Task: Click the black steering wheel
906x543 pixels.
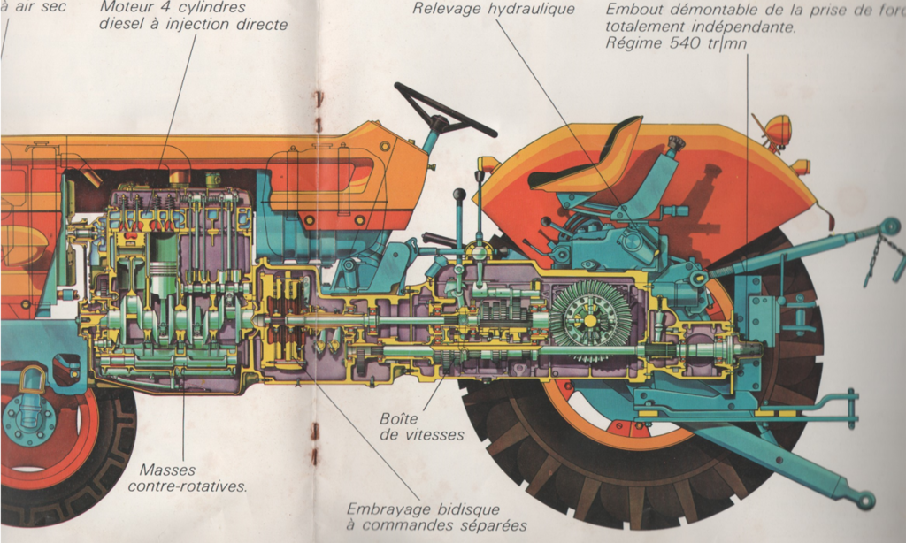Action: [x=445, y=110]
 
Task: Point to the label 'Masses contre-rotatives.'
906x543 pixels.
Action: [x=188, y=478]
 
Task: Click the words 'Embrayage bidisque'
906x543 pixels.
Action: [x=423, y=509]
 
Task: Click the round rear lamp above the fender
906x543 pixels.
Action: [x=779, y=130]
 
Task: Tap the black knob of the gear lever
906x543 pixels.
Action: [x=459, y=195]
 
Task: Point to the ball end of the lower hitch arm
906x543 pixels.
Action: [x=864, y=501]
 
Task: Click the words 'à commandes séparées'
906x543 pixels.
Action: [x=436, y=526]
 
